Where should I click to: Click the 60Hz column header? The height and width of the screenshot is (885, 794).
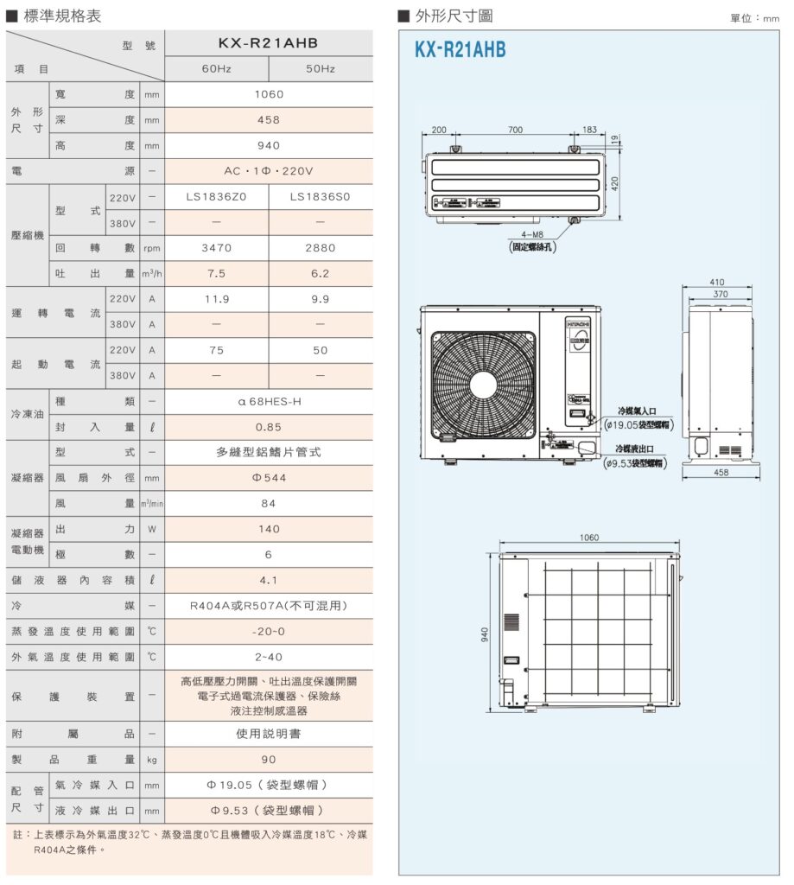click(x=216, y=68)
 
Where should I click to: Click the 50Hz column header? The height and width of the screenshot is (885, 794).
click(x=320, y=68)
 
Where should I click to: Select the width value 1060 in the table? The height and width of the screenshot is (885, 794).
click(x=268, y=94)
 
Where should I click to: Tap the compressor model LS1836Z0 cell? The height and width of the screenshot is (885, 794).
click(x=216, y=196)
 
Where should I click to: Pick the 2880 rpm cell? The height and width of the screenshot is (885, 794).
click(x=320, y=248)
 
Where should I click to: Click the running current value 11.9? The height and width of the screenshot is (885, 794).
click(x=216, y=299)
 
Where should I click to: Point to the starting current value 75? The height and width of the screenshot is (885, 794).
click(x=216, y=350)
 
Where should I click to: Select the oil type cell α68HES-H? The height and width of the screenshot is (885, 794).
click(x=268, y=402)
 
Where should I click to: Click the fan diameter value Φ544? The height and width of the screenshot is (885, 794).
click(x=268, y=478)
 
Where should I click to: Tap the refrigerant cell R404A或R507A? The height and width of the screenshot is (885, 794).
click(x=268, y=606)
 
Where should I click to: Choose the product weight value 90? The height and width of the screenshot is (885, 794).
click(x=268, y=760)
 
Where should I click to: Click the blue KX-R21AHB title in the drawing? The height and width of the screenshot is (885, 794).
click(x=460, y=50)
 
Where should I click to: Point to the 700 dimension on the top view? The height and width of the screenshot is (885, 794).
click(x=515, y=131)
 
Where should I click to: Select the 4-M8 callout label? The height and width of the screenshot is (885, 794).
click(x=532, y=235)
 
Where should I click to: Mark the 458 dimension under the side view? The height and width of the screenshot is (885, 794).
click(x=721, y=473)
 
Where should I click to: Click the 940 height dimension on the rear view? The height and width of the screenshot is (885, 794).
click(x=486, y=634)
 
